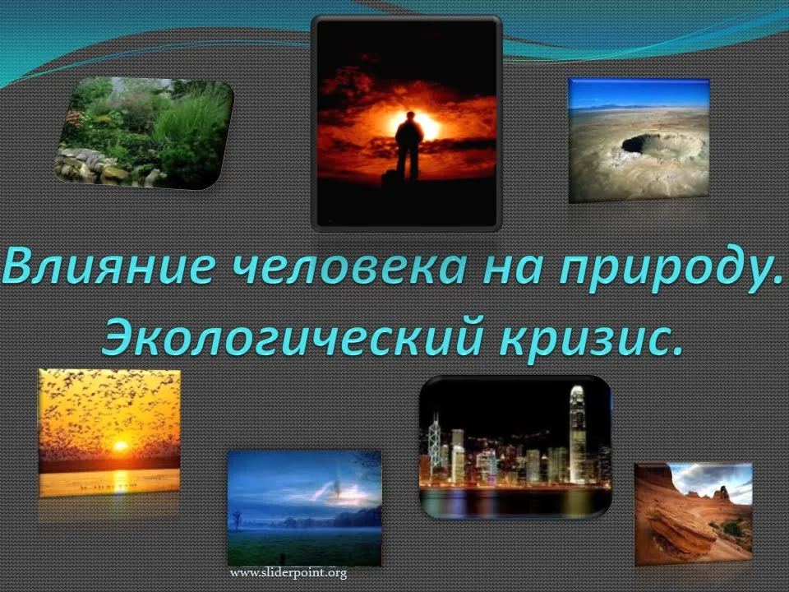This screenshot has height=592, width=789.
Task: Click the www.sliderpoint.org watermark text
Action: click(288, 573)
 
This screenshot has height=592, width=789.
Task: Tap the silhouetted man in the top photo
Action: click(408, 146)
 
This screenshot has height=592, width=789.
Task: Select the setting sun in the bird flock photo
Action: click(120, 446)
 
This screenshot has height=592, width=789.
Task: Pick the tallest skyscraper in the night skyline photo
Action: click(577, 433)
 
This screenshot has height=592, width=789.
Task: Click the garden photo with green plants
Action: click(144, 133)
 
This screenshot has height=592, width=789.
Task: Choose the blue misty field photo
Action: click(304, 508)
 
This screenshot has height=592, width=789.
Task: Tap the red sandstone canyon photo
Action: click(694, 513)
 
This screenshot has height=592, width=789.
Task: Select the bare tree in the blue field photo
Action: click(237, 519)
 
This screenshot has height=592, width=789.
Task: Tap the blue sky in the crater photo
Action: click(639, 93)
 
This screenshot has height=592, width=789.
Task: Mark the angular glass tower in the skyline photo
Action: click(434, 439)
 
